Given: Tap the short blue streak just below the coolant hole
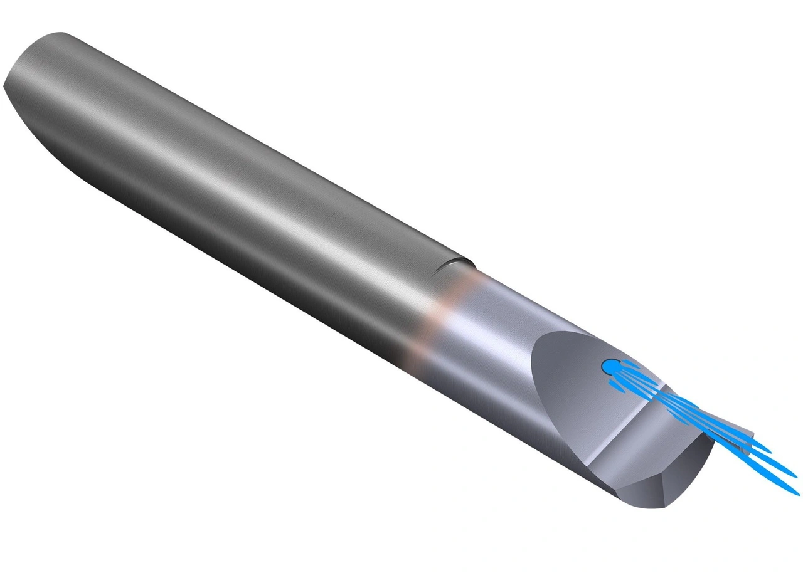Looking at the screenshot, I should coord(618,386).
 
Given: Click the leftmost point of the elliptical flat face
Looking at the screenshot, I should coord(531,376).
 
